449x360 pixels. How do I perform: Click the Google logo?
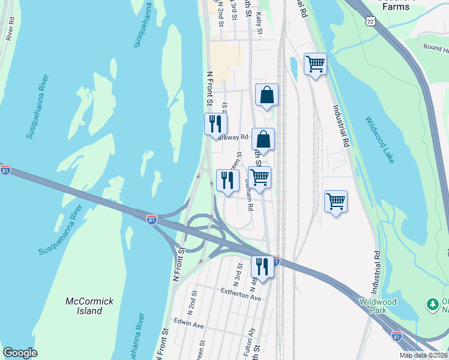(20, 353)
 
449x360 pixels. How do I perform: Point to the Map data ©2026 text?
(423, 355)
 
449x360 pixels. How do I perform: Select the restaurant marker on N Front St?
(215, 124)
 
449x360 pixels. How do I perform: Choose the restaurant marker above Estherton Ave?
(262, 266)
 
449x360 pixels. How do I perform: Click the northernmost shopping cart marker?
(315, 62)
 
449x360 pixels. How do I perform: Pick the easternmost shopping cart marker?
(336, 200)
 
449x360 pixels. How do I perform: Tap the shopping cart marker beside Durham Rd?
(259, 177)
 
